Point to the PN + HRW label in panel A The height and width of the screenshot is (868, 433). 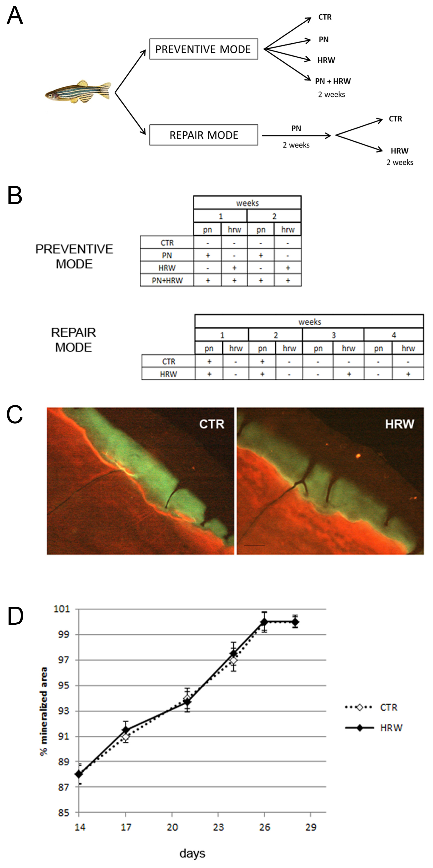[333, 81]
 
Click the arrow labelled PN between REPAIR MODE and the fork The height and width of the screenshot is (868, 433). [296, 136]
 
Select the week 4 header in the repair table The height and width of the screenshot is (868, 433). [394, 335]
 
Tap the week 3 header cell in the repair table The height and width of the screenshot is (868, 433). [333, 335]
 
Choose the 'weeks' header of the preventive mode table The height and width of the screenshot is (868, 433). [247, 203]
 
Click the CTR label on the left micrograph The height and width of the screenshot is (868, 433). [211, 424]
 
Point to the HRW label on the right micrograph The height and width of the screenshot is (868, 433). [399, 424]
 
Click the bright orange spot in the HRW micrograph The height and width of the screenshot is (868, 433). [358, 456]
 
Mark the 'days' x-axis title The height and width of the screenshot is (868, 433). [192, 853]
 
